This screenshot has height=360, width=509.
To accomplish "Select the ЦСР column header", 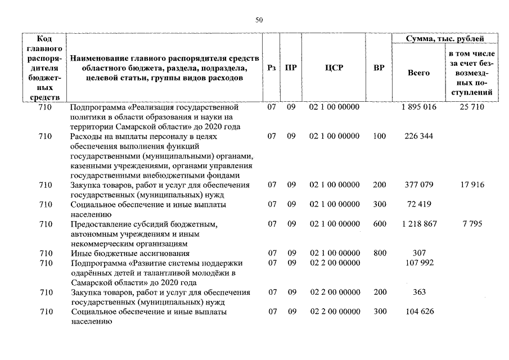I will coord(334,68).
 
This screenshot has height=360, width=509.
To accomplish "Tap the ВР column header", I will coord(379,68).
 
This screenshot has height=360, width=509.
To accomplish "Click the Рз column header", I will coord(272,68).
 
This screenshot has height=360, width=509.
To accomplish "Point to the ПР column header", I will coord(291,68).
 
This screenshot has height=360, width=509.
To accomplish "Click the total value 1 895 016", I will coord(418,107).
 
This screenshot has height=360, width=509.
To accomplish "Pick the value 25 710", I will coord(471,107).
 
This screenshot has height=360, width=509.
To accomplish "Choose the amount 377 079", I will coord(418,185).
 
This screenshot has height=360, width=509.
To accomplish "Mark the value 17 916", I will coord(471,185).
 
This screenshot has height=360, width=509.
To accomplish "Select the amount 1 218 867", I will coord(418,224).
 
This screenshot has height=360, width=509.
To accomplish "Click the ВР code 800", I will coord(380,253).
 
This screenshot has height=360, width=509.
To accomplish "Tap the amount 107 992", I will coord(418,263).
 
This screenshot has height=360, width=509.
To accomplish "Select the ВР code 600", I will coord(380,224).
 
